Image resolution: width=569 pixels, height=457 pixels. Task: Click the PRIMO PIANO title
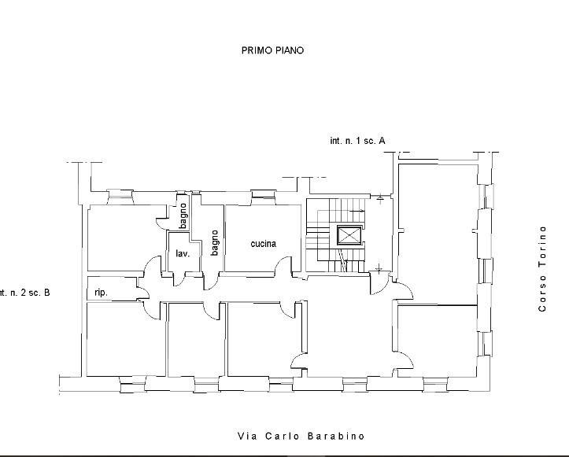[272, 50]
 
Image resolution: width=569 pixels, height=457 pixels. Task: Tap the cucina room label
[264, 244]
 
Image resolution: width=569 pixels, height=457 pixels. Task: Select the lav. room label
[183, 253]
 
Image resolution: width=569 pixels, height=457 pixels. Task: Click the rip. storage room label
[101, 293]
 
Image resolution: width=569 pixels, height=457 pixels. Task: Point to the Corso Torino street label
[542, 269]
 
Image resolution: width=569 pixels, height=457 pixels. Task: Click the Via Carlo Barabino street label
[301, 436]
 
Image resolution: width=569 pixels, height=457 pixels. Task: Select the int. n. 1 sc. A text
[357, 140]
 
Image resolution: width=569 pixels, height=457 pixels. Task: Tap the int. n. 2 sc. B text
[24, 293]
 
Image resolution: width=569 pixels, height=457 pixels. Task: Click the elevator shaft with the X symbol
[349, 236]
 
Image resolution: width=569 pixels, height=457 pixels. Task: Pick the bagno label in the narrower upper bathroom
[183, 216]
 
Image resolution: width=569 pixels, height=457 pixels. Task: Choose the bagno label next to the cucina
[215, 242]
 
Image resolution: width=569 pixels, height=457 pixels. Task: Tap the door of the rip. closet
[143, 288]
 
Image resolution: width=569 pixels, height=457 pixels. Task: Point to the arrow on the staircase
[357, 211]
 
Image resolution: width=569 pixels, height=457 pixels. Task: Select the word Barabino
[336, 436]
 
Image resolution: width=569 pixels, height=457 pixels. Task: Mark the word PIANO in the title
[289, 50]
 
